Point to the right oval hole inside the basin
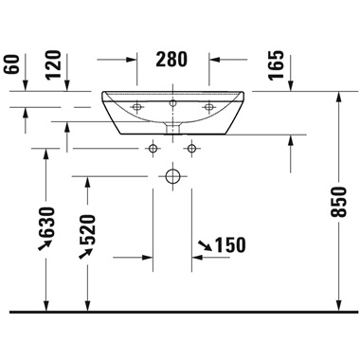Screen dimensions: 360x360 coord(209,105)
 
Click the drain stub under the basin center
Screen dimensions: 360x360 coord(172,126)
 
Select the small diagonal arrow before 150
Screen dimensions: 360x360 coord(203,246)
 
